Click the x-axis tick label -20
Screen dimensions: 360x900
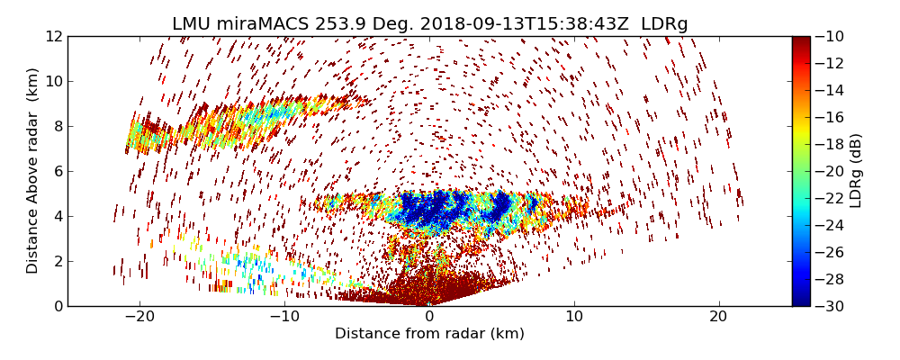(x=139, y=316)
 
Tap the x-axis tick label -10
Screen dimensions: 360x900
(x=284, y=316)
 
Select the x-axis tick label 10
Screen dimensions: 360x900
(x=574, y=316)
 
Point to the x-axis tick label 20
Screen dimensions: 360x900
(x=718, y=316)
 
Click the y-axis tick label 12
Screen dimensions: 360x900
(x=53, y=36)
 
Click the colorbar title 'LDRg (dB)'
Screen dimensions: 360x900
(x=856, y=171)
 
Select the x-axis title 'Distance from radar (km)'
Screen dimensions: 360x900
(x=429, y=334)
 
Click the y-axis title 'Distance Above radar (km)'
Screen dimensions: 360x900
(x=33, y=171)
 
